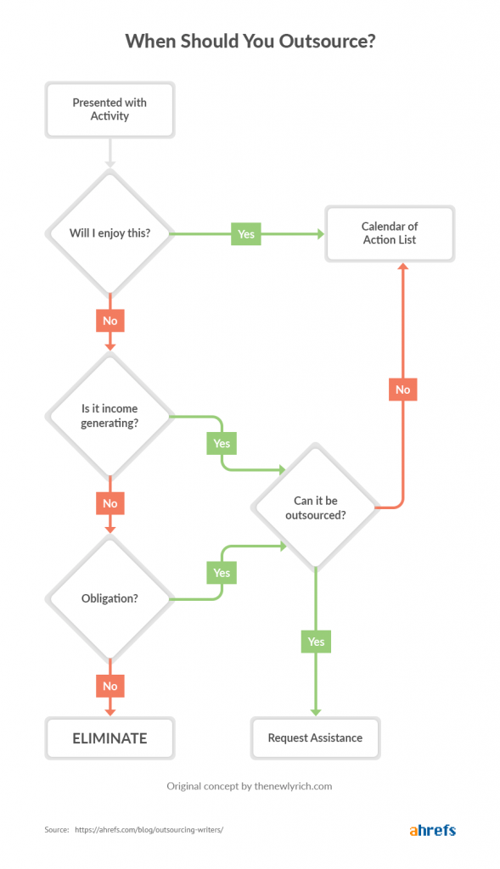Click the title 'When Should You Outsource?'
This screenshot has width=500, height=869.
(x=250, y=42)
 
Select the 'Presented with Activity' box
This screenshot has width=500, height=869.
(x=110, y=109)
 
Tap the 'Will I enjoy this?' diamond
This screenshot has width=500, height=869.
(x=110, y=233)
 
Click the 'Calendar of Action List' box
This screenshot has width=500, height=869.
(x=390, y=233)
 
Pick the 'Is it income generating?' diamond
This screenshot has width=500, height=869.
(x=110, y=416)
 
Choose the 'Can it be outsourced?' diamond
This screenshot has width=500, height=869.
(x=314, y=507)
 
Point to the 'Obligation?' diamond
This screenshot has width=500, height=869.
(x=110, y=598)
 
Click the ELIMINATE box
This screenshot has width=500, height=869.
(x=110, y=738)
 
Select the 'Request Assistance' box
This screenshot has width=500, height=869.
(x=315, y=738)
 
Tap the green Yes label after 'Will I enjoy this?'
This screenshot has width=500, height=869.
(x=245, y=233)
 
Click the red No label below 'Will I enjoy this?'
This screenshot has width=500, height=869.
(x=110, y=321)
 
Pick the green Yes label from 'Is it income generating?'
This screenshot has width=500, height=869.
(x=222, y=443)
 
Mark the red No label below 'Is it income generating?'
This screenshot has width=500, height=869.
(x=110, y=503)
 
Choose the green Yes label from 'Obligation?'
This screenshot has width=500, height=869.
(x=222, y=573)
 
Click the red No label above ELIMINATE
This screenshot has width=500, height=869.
(x=110, y=686)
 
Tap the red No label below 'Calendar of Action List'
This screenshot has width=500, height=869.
(x=402, y=390)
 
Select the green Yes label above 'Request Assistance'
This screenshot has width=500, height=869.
(x=316, y=642)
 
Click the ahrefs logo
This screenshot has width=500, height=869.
(x=432, y=829)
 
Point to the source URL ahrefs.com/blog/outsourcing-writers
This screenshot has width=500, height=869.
(x=149, y=830)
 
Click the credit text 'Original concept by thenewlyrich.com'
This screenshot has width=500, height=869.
(x=250, y=786)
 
